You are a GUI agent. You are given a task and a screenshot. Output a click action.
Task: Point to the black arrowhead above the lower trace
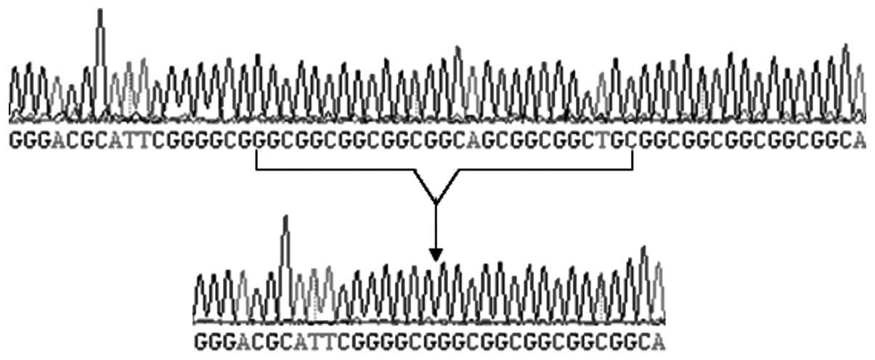(435, 255)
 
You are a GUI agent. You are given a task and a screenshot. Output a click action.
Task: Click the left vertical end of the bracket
(256, 160)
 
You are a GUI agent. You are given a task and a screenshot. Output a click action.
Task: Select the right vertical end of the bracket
(632, 160)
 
